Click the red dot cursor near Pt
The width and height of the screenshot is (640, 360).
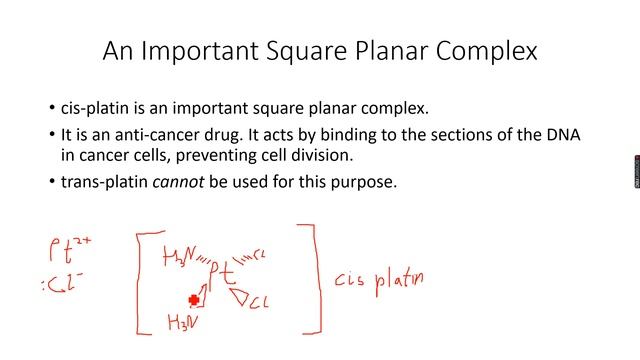pos(194,298)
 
